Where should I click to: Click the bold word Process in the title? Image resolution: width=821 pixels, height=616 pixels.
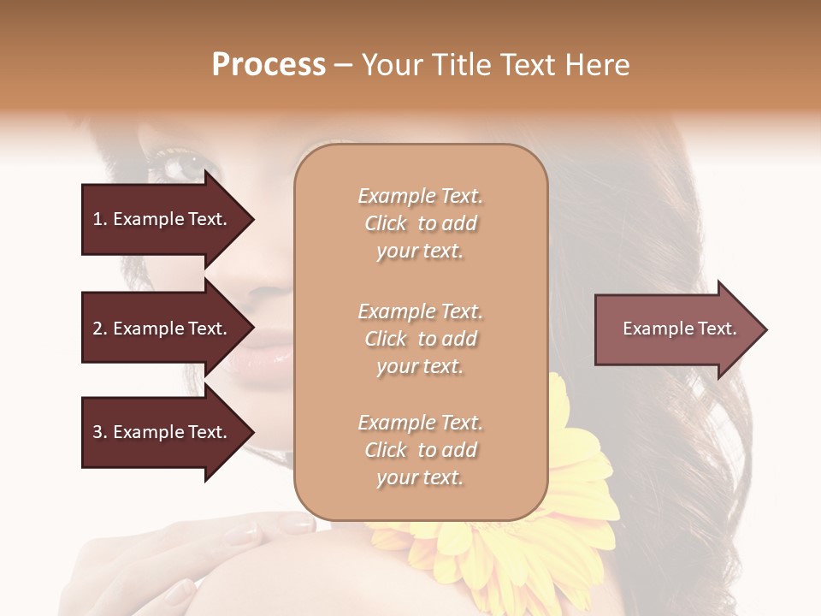pyautogui.click(x=269, y=65)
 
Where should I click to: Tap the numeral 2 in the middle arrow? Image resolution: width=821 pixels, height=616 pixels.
pyautogui.click(x=97, y=329)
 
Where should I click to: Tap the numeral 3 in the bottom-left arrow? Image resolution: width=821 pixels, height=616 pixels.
pyautogui.click(x=97, y=433)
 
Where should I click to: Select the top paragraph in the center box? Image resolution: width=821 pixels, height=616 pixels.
pyautogui.click(x=420, y=223)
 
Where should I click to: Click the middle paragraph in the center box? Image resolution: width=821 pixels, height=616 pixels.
pyautogui.click(x=420, y=339)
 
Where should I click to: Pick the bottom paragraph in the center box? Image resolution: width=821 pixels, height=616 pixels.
pyautogui.click(x=420, y=450)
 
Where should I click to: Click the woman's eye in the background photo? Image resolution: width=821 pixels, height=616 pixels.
pyautogui.click(x=181, y=164)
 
